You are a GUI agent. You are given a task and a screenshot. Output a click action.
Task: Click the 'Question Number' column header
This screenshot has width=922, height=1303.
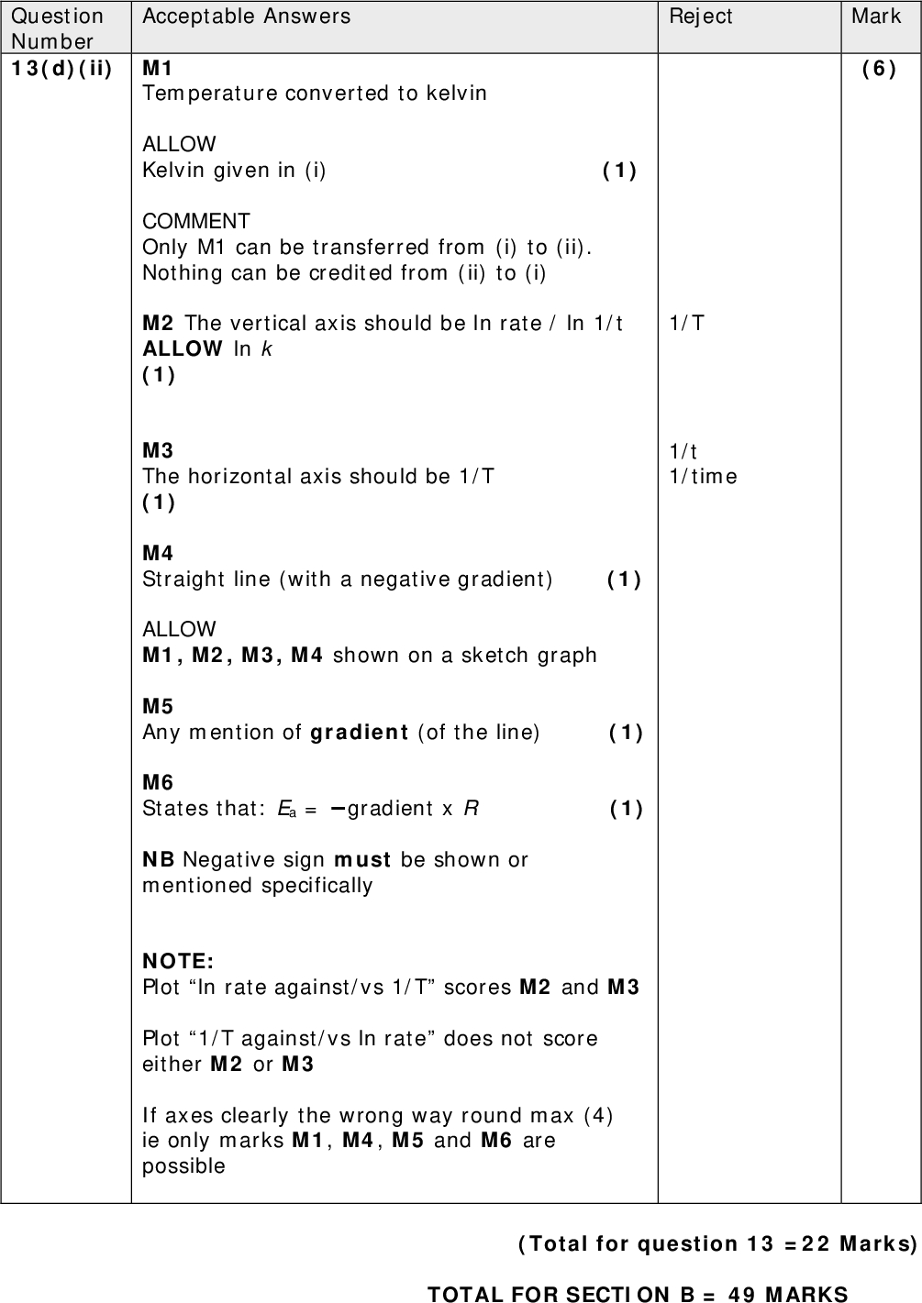pos(57,28)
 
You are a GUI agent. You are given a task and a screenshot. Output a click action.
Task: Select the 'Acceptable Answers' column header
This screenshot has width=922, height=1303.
pos(246,16)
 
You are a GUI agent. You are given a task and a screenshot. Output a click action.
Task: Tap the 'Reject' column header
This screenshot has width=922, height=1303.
pos(701,16)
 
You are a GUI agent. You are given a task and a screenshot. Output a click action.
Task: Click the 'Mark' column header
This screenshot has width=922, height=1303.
pos(876,16)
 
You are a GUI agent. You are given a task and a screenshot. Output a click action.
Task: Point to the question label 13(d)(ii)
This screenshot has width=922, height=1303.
pos(61,68)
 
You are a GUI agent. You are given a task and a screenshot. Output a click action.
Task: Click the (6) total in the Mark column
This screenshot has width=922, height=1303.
pos(879,68)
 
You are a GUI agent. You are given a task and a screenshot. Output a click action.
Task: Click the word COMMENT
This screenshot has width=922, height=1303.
pos(195,221)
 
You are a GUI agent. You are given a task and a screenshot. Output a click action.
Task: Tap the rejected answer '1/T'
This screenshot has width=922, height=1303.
pos(687,323)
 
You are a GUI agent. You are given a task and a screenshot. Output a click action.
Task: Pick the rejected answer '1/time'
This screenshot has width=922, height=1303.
pos(703,476)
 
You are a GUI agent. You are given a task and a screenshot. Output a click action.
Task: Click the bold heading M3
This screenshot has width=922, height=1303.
pos(158,450)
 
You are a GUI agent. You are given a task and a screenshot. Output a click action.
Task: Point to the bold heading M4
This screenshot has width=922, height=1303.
pos(158,553)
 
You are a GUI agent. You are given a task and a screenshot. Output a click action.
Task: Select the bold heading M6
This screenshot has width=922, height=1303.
pos(158,782)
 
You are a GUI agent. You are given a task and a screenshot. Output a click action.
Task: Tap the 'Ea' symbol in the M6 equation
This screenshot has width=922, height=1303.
pos(286,809)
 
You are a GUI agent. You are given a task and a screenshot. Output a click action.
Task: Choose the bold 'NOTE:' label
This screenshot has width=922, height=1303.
pos(178,961)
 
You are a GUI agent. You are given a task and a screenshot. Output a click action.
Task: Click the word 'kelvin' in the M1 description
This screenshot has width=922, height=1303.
pos(454,94)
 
